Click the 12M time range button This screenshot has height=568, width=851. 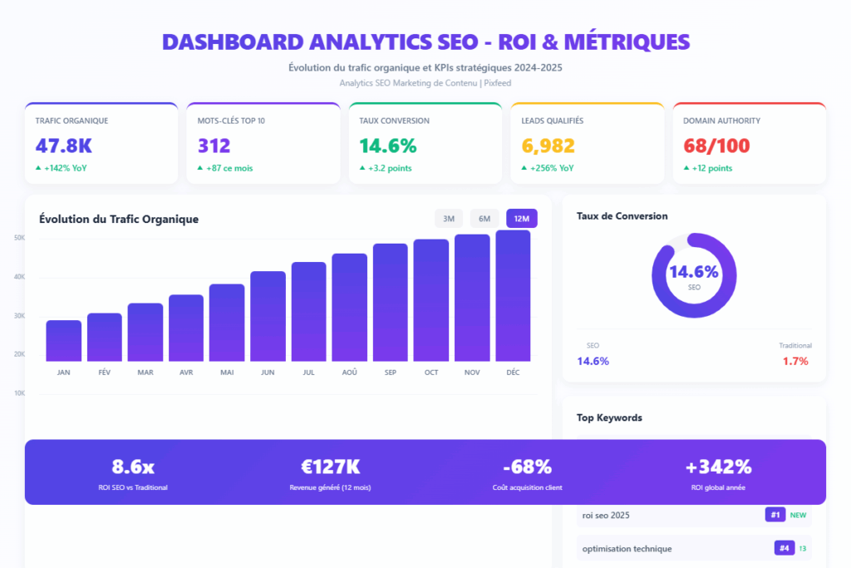[x=522, y=219]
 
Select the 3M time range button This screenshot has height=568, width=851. [x=449, y=219]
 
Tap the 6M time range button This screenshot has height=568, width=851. [x=485, y=219]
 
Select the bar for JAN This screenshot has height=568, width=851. [x=64, y=340]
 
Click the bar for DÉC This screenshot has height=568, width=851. [x=513, y=295]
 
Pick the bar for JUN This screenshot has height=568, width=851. [x=268, y=316]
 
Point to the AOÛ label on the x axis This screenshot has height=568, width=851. [x=349, y=373]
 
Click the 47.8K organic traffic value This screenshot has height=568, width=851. [x=63, y=146]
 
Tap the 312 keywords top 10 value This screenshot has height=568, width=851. [x=214, y=146]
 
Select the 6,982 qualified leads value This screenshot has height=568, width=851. [x=548, y=146]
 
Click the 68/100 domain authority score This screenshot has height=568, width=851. [x=716, y=146]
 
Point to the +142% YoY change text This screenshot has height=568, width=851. [x=65, y=168]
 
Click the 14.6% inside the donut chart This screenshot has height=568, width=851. [x=694, y=272]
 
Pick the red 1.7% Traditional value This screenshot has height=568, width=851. [x=795, y=361]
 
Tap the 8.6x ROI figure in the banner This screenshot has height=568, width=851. [x=133, y=467]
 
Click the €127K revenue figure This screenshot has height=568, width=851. [x=330, y=467]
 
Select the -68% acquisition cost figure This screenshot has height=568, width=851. [x=527, y=467]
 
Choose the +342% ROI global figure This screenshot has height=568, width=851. [x=718, y=467]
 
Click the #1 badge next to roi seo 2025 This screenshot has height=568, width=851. [x=775, y=515]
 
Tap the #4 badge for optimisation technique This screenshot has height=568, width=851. [x=784, y=548]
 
